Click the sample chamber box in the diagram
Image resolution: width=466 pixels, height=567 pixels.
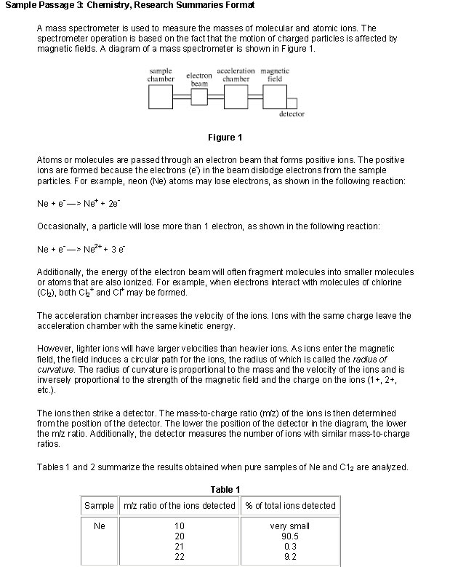pos(161,95)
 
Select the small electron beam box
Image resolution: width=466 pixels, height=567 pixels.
pos(199,95)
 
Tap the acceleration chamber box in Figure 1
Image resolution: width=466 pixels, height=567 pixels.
pos(237,95)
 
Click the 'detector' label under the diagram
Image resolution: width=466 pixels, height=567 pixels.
pos(292,114)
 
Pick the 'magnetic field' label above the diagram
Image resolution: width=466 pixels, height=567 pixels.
pos(275,74)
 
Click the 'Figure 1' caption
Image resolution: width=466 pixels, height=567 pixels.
pos(225,138)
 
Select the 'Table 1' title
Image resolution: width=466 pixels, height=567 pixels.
pos(225,490)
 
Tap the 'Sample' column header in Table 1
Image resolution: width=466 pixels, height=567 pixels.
pos(100,505)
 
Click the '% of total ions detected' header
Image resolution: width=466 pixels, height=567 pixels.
pos(291,505)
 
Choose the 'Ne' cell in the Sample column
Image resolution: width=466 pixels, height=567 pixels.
pos(100,526)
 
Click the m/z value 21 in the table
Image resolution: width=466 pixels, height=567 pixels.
pos(180,546)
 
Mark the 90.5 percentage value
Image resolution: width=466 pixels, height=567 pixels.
pos(290,536)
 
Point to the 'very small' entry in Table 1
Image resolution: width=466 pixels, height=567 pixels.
pos(290,526)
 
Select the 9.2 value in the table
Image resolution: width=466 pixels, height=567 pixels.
pos(290,556)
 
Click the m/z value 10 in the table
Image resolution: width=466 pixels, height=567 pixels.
pos(180,526)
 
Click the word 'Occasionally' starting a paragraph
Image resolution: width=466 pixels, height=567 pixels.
pos(63,227)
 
